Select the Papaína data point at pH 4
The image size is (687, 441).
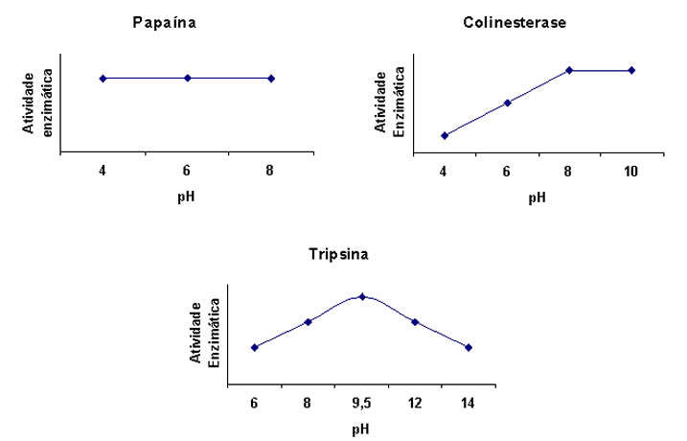pyautogui.click(x=103, y=78)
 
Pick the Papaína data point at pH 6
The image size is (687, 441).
pyautogui.click(x=188, y=78)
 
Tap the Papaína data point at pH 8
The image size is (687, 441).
pyautogui.click(x=271, y=78)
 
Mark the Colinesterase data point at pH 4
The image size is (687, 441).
pyautogui.click(x=444, y=135)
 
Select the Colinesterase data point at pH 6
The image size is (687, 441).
pyautogui.click(x=507, y=102)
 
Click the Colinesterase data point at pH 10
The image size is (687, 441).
pyautogui.click(x=631, y=70)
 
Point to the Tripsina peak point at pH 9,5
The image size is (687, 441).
pyautogui.click(x=362, y=296)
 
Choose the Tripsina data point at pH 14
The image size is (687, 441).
pyautogui.click(x=469, y=347)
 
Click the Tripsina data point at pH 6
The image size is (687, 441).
pyautogui.click(x=254, y=347)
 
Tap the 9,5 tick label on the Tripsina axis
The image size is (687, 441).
pyautogui.click(x=361, y=405)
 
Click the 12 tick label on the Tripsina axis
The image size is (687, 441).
pyautogui.click(x=415, y=405)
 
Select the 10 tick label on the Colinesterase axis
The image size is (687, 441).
pyautogui.click(x=631, y=172)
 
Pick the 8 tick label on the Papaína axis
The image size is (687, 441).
pyautogui.click(x=271, y=172)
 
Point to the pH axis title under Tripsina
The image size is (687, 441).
pyautogui.click(x=360, y=429)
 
